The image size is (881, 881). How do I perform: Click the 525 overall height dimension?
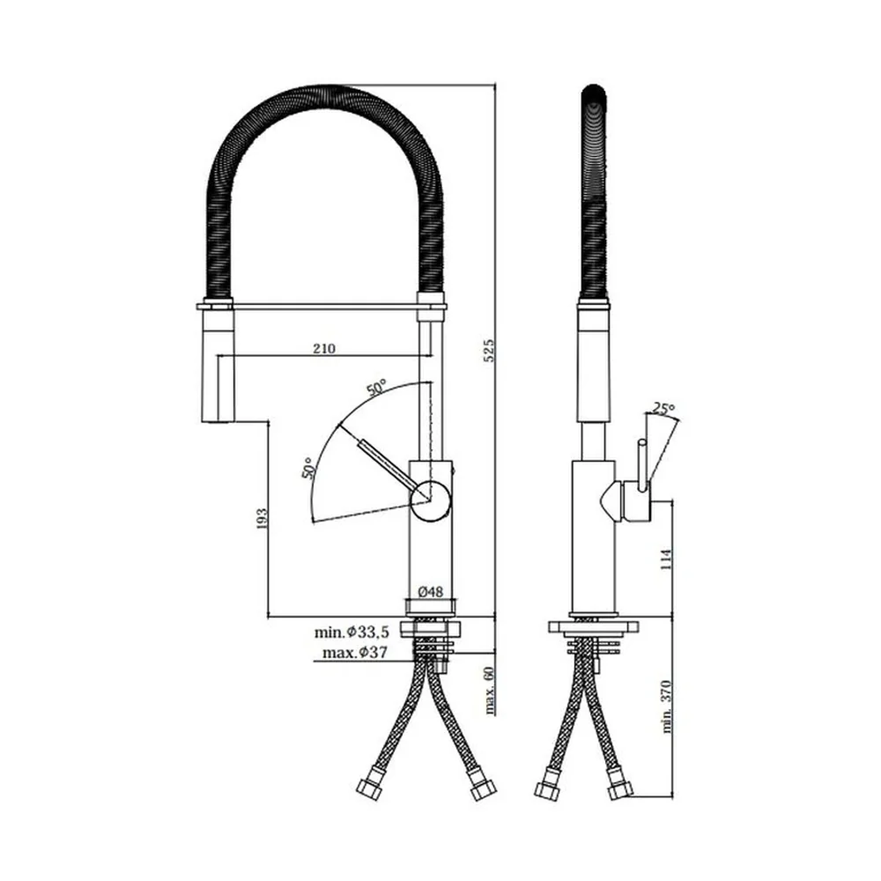pos(489,350)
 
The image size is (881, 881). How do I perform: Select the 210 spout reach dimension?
pos(324,348)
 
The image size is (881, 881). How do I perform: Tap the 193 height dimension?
pos(262,519)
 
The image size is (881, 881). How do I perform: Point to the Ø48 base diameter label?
pos(431,591)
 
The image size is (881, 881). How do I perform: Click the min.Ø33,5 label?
pos(352,632)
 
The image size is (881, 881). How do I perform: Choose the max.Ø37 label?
pos(355,653)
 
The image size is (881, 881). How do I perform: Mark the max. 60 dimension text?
pos(489,691)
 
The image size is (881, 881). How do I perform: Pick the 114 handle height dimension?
pos(666,559)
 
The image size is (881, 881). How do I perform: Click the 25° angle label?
pos(663,408)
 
